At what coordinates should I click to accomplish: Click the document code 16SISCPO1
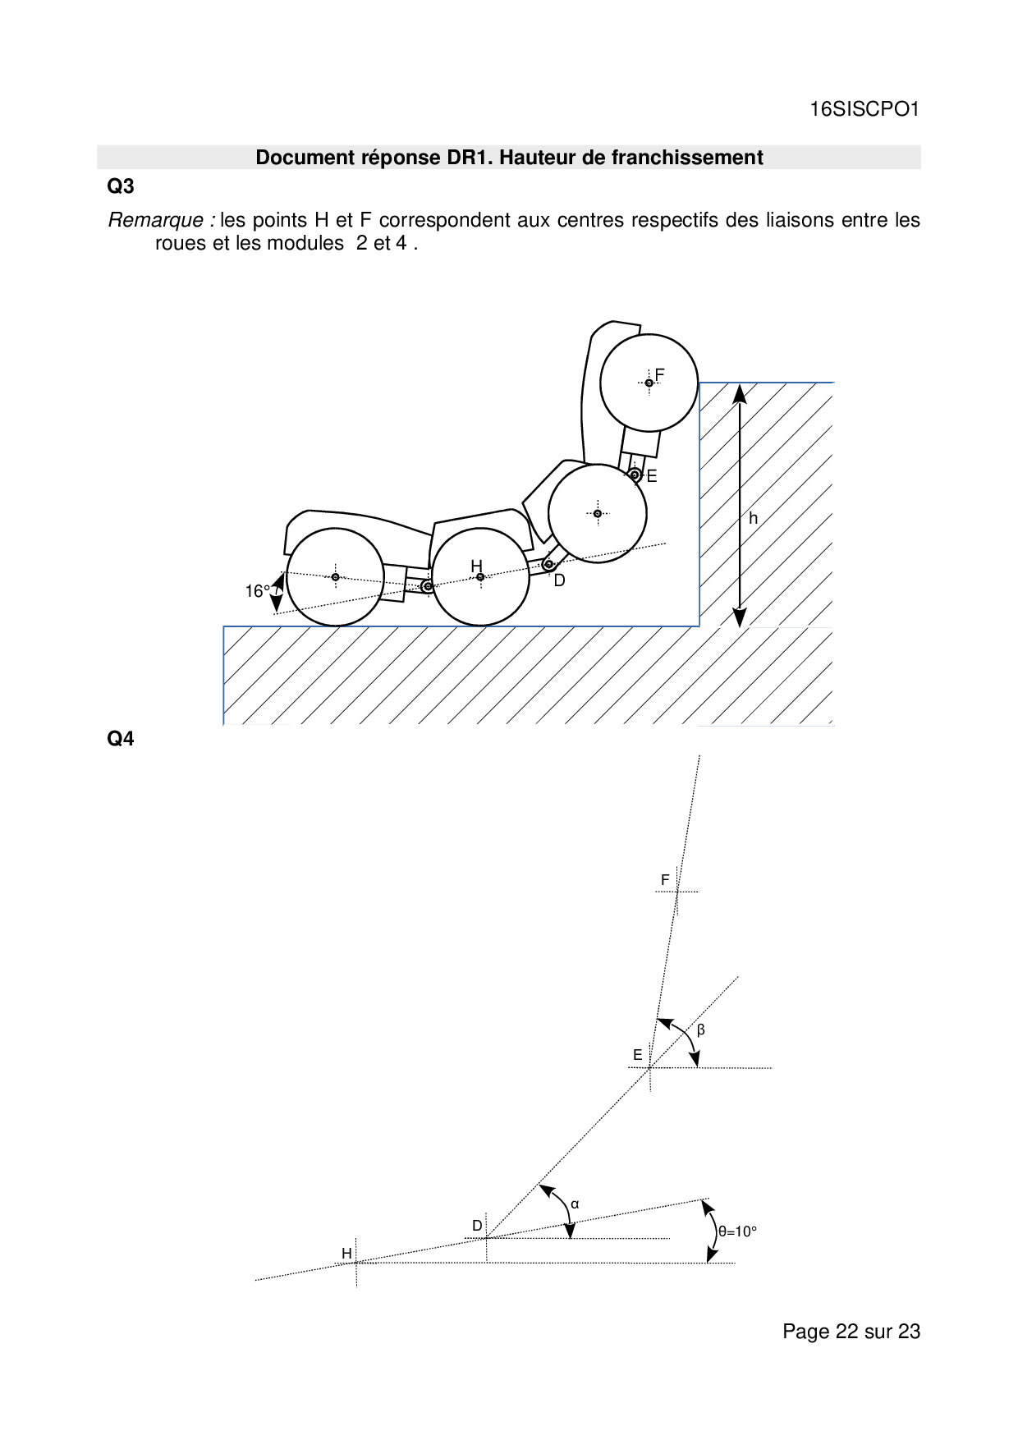click(x=864, y=109)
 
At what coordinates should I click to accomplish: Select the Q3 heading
click(x=121, y=186)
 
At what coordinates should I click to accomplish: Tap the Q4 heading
click(x=121, y=739)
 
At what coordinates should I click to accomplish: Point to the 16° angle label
click(x=257, y=591)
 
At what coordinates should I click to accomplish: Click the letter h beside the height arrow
click(x=753, y=519)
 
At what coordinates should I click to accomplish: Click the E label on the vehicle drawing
click(x=652, y=476)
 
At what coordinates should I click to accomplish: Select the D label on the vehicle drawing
click(x=559, y=580)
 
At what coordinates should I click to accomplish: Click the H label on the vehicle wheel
click(x=476, y=566)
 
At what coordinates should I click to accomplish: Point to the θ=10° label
click(x=737, y=1231)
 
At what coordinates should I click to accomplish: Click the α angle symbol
click(x=575, y=1204)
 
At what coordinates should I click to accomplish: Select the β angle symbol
click(x=700, y=1030)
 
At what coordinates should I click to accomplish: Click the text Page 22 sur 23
click(x=851, y=1332)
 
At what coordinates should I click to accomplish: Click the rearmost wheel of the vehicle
click(x=335, y=577)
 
